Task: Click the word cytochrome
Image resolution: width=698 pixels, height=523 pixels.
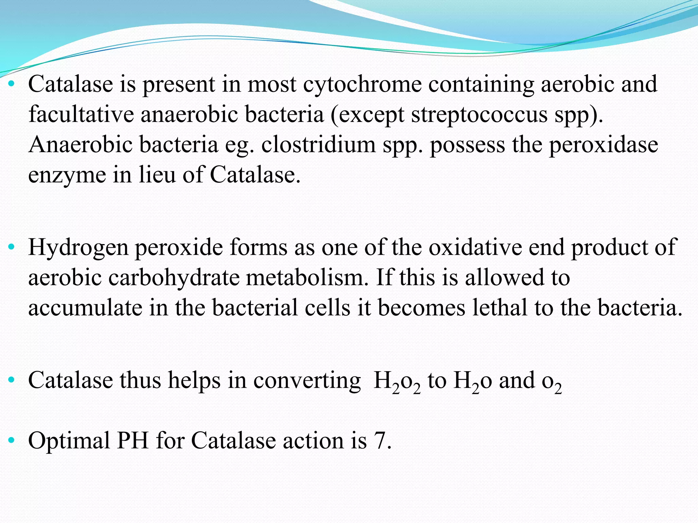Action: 362,84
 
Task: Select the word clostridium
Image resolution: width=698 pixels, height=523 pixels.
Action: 318,145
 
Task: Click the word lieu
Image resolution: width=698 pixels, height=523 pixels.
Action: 157,175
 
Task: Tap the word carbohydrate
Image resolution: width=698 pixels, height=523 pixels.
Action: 174,278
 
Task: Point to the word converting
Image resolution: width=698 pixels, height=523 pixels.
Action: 307,380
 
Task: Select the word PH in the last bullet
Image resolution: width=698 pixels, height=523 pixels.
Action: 133,441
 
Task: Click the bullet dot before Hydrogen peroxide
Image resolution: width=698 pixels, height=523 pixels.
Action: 12,247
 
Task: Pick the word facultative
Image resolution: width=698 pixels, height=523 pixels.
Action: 81,115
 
